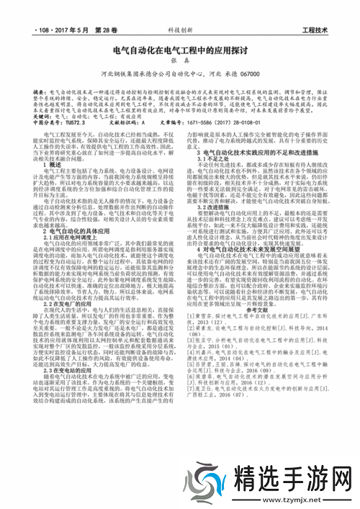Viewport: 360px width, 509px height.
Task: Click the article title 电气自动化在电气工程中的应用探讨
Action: click(x=179, y=51)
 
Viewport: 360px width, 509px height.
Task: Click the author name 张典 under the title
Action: click(x=179, y=62)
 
